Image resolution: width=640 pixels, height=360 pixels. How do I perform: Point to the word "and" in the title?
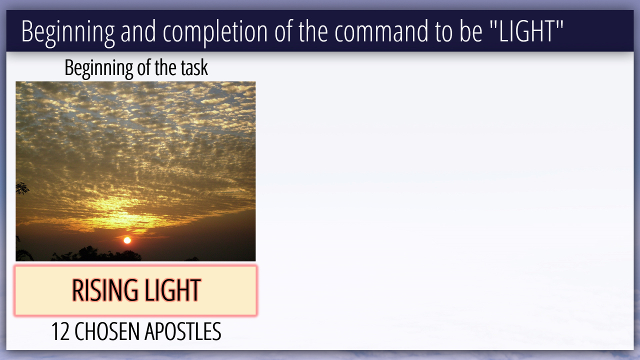(x=138, y=31)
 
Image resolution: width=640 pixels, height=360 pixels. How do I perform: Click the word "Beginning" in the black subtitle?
(x=98, y=68)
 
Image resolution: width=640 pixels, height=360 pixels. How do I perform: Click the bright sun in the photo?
(x=127, y=240)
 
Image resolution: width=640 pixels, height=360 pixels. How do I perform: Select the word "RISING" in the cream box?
(x=105, y=290)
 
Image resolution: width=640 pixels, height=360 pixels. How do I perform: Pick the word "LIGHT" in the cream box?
(x=172, y=290)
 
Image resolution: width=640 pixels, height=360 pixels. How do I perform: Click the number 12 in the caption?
(x=60, y=331)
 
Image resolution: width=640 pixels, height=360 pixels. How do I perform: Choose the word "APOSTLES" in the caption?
(x=183, y=331)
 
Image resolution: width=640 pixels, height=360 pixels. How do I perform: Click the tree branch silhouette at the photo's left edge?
(x=22, y=188)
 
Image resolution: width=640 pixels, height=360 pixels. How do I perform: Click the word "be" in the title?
(x=471, y=31)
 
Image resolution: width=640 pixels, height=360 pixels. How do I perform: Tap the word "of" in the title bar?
(x=283, y=31)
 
